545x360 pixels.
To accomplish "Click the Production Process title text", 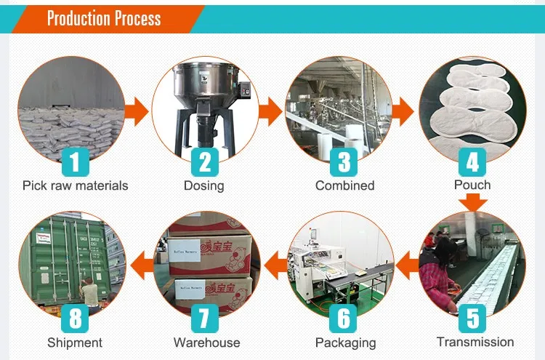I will click(x=103, y=17).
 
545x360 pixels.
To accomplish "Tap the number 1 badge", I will click(x=74, y=161).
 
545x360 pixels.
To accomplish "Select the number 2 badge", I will click(x=205, y=161).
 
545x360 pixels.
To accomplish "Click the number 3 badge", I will click(x=344, y=161).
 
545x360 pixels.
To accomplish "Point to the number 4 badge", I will click(x=472, y=161).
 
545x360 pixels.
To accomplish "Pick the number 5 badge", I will click(x=472, y=319).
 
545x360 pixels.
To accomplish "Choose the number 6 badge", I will click(x=344, y=319).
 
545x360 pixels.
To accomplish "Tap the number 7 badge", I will click(x=205, y=319).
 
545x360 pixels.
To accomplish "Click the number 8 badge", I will click(x=74, y=319).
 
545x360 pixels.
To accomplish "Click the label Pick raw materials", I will click(x=75, y=185).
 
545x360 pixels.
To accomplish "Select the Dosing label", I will click(x=203, y=185).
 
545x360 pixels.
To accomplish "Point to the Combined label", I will click(x=344, y=185).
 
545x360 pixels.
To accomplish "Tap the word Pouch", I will click(x=472, y=185).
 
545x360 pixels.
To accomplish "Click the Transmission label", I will click(x=475, y=341).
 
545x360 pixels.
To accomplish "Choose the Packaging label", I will click(x=345, y=342).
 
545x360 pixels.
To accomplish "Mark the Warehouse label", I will click(x=206, y=342).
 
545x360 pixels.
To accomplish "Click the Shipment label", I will click(x=75, y=342).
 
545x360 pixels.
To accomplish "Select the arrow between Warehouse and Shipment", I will click(x=142, y=256).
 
